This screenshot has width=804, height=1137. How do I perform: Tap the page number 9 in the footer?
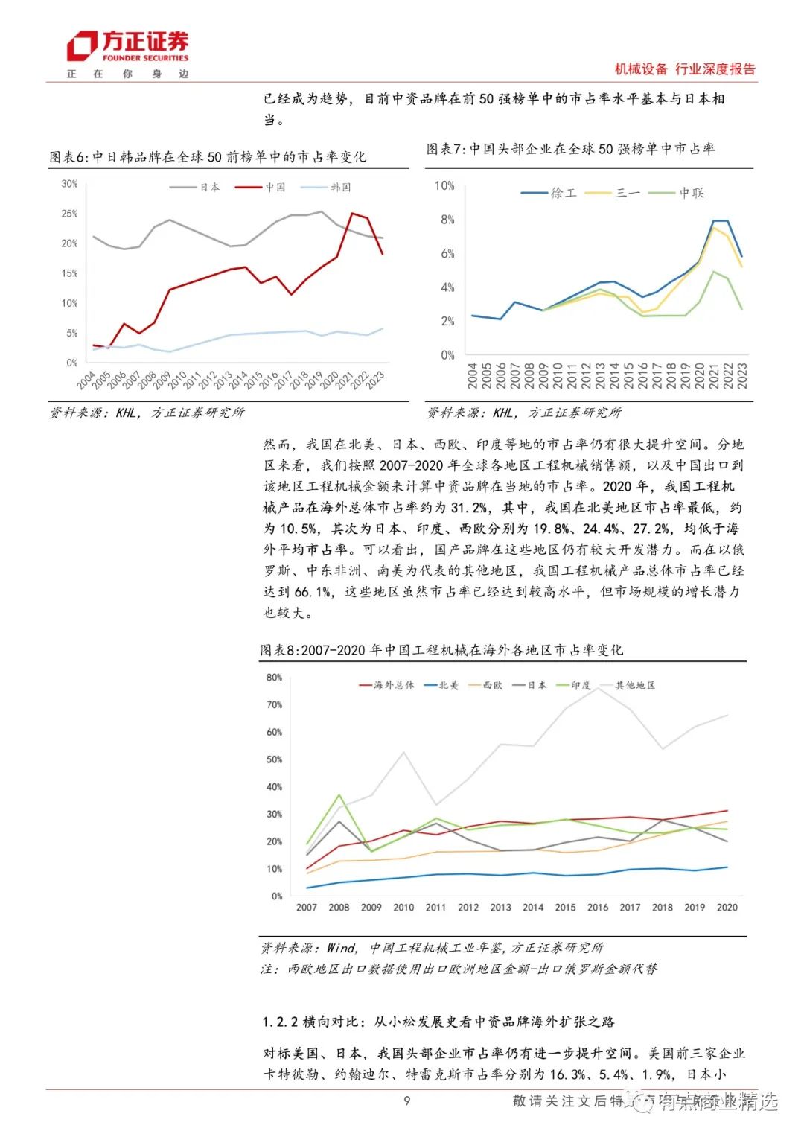tap(406, 1101)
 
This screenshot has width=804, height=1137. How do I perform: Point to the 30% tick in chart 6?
tap(69, 184)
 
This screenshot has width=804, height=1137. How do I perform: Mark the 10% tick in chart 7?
tap(444, 185)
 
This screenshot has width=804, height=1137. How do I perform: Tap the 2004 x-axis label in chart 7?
tap(472, 375)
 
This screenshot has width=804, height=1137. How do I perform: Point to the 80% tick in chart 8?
tap(274, 678)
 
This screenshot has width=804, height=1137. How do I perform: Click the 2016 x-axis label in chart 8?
tap(598, 908)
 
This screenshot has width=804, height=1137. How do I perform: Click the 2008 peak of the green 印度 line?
tap(339, 794)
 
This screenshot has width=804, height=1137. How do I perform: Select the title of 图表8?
tap(441, 650)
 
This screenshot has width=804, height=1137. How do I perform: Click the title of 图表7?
tap(570, 149)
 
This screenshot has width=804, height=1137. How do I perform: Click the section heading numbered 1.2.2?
tap(438, 1022)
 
